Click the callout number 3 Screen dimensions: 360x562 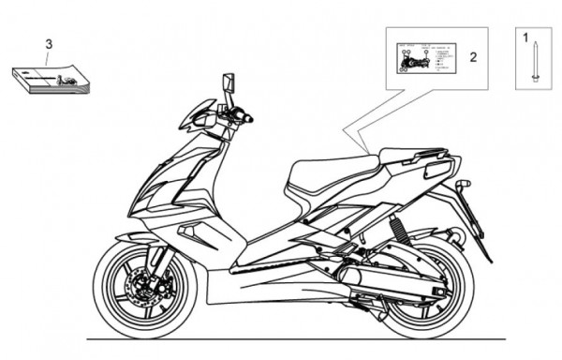tap(50, 44)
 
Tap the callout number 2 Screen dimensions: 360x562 tap(473, 57)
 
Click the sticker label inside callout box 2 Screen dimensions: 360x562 tap(423, 58)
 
